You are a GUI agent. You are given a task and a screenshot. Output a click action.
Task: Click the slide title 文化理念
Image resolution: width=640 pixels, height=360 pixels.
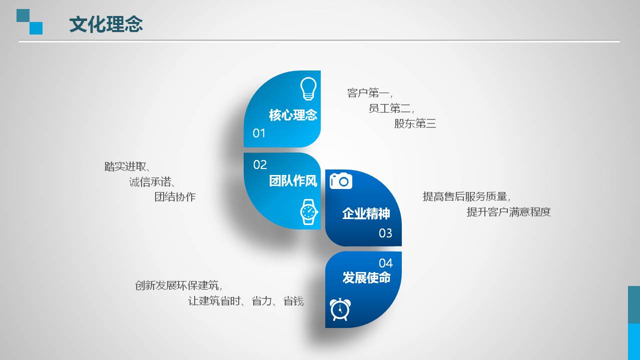tap(106, 24)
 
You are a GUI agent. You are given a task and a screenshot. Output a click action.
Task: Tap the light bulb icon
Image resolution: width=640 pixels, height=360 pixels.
tap(308, 89)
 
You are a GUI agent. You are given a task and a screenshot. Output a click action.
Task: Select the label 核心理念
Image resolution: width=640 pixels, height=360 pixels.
tap(293, 115)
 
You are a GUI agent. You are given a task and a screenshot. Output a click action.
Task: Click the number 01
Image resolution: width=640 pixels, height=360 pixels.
tap(259, 133)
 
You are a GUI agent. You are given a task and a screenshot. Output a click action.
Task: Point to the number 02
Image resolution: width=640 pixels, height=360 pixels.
tap(260, 164)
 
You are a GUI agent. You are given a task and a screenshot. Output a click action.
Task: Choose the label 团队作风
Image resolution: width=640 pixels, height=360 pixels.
tap(293, 180)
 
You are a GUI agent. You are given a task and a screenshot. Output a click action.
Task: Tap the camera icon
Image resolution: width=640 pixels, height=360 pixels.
tap(341, 180)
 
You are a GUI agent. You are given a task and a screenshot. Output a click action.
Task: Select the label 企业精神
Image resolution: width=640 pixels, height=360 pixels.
tap(366, 213)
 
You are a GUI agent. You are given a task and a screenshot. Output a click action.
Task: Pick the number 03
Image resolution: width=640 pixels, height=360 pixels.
tap(385, 233)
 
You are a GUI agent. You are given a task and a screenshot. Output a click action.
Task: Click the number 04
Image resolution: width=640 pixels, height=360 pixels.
tap(386, 263)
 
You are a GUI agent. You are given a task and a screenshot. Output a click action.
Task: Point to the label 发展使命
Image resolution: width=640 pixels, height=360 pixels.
tap(366, 277)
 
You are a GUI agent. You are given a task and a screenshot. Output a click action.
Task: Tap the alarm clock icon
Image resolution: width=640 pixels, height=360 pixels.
tap(340, 309)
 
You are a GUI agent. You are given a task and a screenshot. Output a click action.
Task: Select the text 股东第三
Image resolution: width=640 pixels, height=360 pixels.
tap(415, 123)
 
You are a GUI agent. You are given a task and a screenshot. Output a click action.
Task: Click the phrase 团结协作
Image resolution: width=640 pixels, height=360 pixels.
tap(175, 197)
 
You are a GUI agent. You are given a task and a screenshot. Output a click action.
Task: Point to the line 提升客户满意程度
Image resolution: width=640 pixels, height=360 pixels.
tap(508, 212)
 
